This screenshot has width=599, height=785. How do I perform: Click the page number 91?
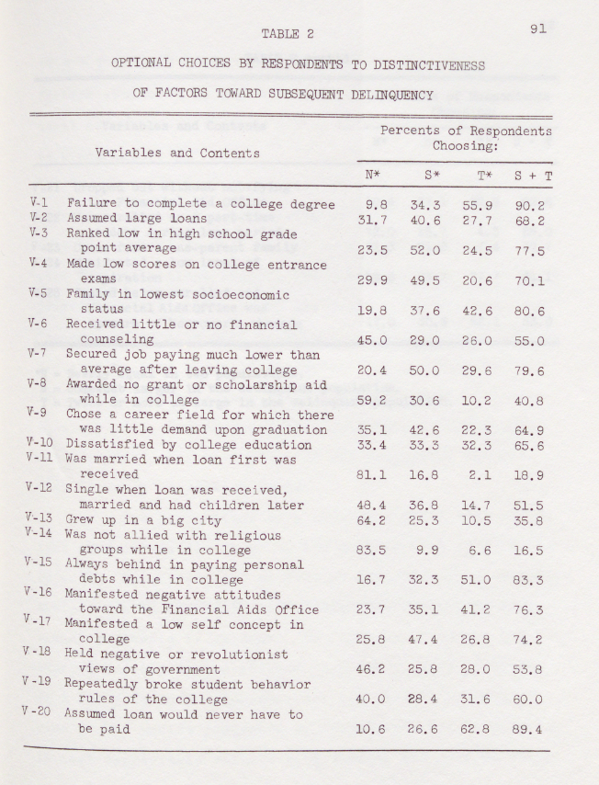coord(539,28)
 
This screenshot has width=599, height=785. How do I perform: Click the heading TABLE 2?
coord(288,34)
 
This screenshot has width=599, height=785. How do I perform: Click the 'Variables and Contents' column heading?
coord(176,154)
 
